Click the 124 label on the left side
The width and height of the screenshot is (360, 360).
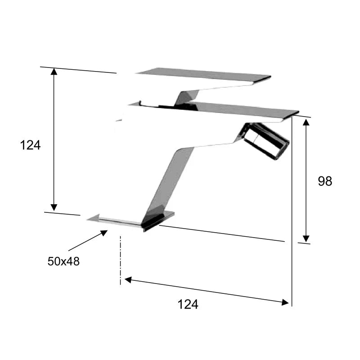(30, 145)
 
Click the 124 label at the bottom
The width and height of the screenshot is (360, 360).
(188, 305)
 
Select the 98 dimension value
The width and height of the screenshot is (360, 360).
(325, 181)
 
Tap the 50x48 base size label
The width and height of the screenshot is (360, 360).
(63, 261)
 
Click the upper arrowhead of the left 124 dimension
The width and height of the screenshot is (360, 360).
(54, 72)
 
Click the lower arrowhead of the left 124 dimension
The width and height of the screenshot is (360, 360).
(54, 207)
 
